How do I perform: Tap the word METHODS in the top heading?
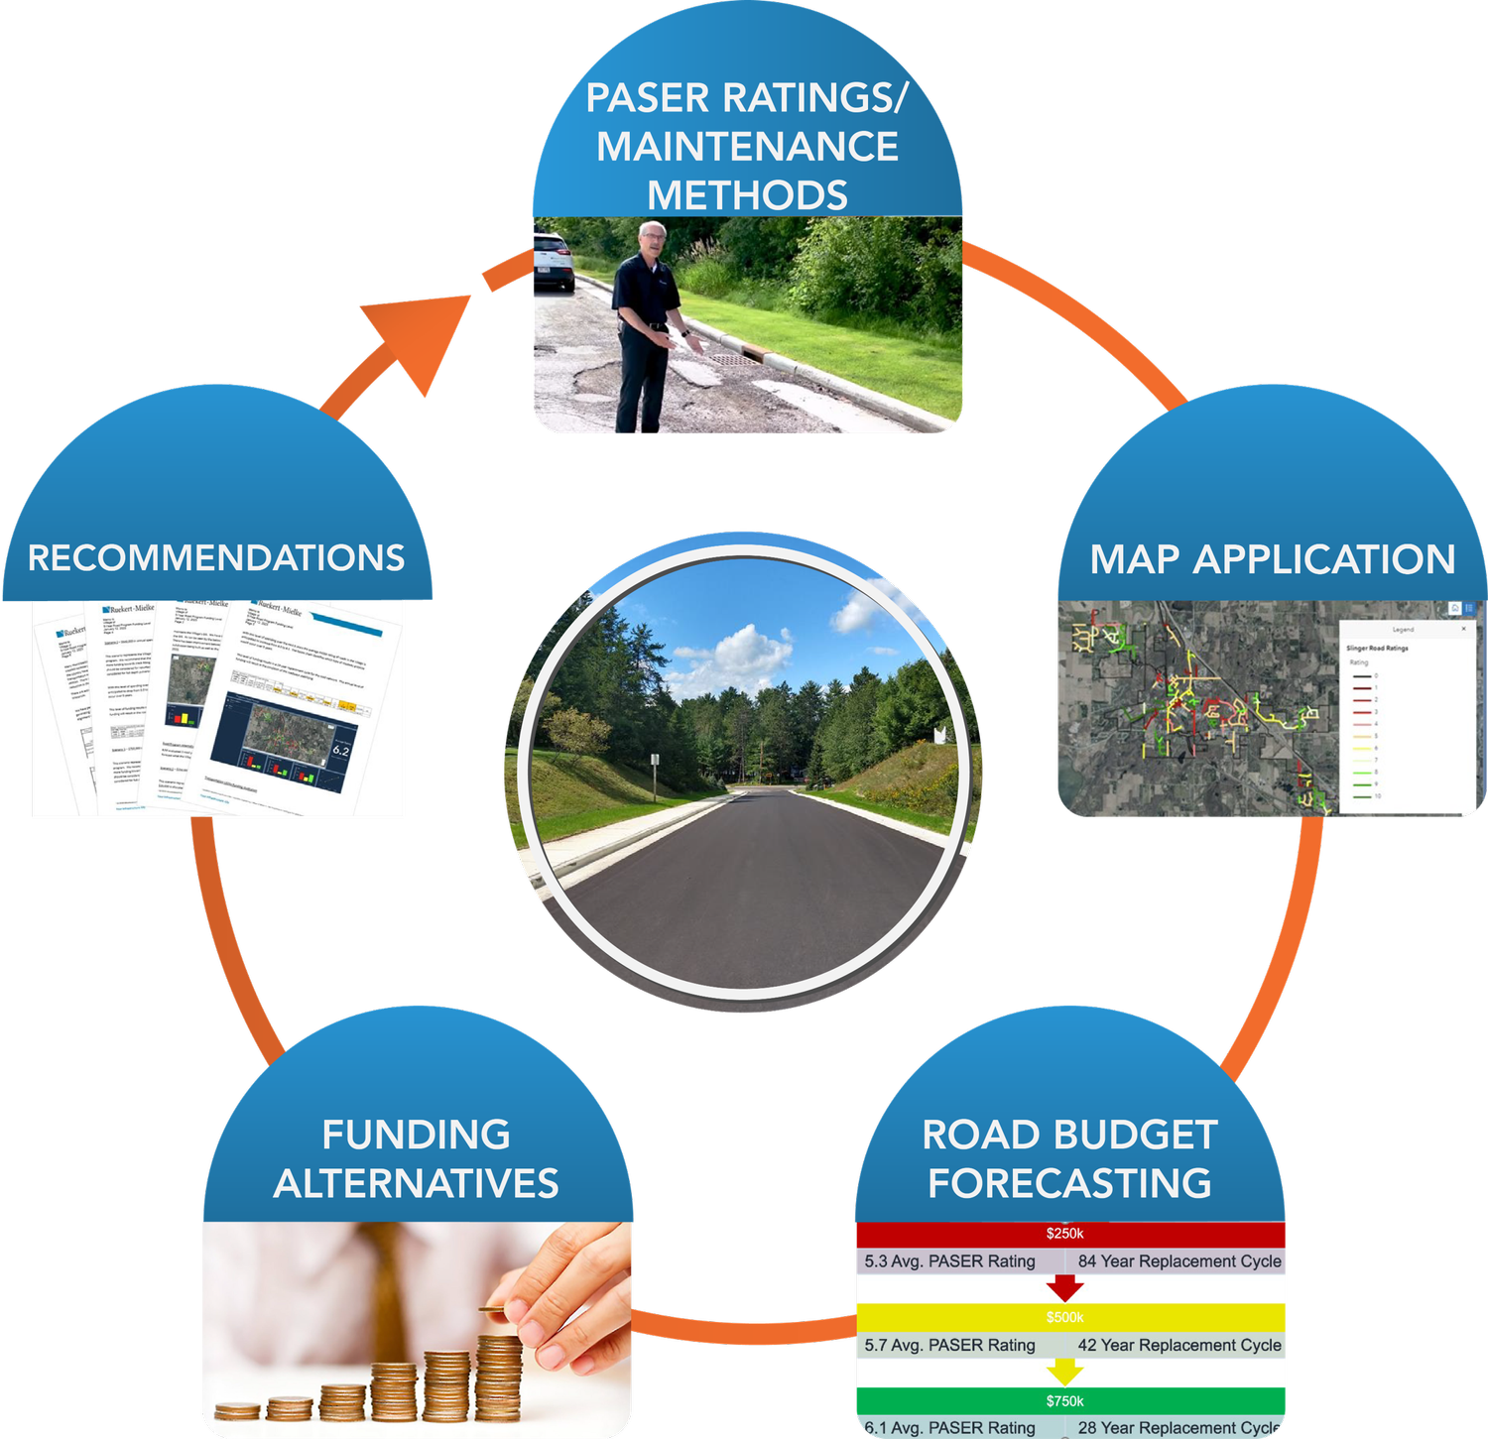coord(747,194)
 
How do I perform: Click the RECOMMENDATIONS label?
coord(216,557)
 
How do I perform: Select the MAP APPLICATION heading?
coord(1272,559)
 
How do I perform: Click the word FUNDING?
coord(416,1135)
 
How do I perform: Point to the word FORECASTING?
coord(1069,1183)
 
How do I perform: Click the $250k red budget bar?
coord(1069,1234)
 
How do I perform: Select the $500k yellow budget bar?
coord(1069,1317)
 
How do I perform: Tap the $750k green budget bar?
coord(1069,1400)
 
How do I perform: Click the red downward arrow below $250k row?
coord(1064,1288)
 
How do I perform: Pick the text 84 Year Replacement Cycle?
coord(1178,1261)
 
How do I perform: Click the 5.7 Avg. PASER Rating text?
coord(949,1345)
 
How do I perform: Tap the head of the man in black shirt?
coord(652,239)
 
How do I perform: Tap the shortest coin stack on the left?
coord(237,1410)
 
